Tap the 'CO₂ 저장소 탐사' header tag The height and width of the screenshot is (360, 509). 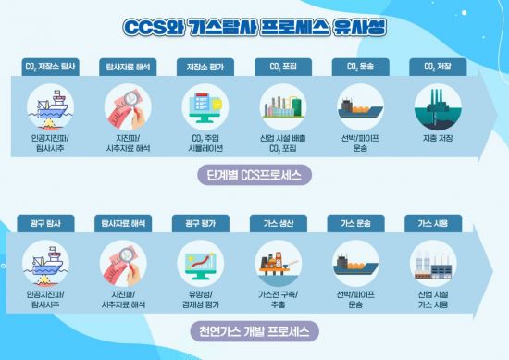click(51, 67)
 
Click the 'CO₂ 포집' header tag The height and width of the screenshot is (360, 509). click(281, 67)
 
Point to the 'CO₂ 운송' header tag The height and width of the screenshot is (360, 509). click(359, 67)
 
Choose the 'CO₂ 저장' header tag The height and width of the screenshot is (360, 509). click(436, 67)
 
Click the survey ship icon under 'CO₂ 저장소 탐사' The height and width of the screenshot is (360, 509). click(50, 108)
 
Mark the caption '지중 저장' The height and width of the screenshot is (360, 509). click(436, 138)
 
